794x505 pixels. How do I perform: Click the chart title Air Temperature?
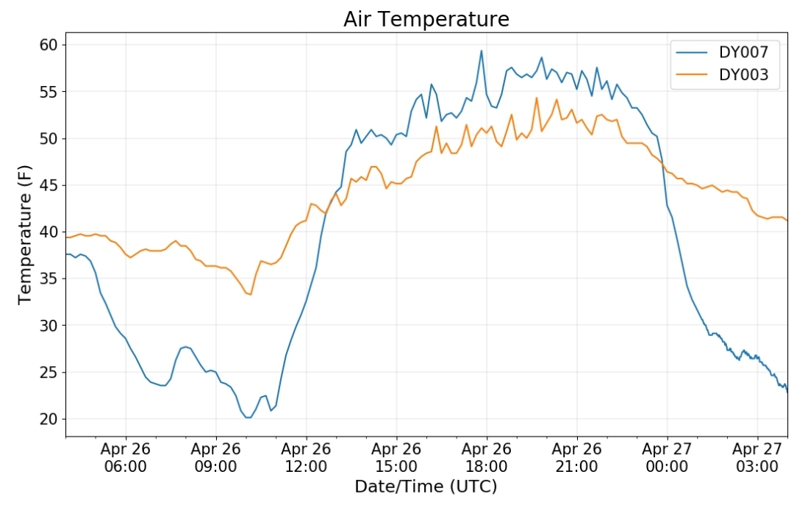[x=426, y=19]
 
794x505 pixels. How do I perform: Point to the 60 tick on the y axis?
[x=49, y=45]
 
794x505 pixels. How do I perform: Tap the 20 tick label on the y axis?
[x=49, y=419]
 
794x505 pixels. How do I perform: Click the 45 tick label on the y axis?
[x=49, y=185]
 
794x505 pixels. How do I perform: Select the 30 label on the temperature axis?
[x=49, y=325]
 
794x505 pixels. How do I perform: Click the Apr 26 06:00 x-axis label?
[x=126, y=457]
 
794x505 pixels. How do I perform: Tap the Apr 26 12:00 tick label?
[x=306, y=457]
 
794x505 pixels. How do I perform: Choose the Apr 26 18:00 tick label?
[x=487, y=457]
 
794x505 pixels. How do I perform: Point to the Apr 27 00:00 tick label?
[x=667, y=457]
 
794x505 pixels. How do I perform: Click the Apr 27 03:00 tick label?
[x=757, y=457]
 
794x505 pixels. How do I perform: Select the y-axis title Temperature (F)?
[x=24, y=234]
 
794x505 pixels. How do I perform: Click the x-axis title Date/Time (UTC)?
[x=426, y=487]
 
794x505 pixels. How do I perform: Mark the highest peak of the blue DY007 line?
[x=482, y=50]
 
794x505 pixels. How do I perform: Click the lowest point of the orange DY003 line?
[x=250, y=295]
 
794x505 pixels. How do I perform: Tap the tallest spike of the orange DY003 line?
[x=537, y=98]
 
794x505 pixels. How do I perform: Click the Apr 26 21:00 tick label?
[x=577, y=457]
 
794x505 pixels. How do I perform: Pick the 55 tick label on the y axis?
[x=49, y=92]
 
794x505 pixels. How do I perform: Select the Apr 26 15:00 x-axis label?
[x=396, y=457]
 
